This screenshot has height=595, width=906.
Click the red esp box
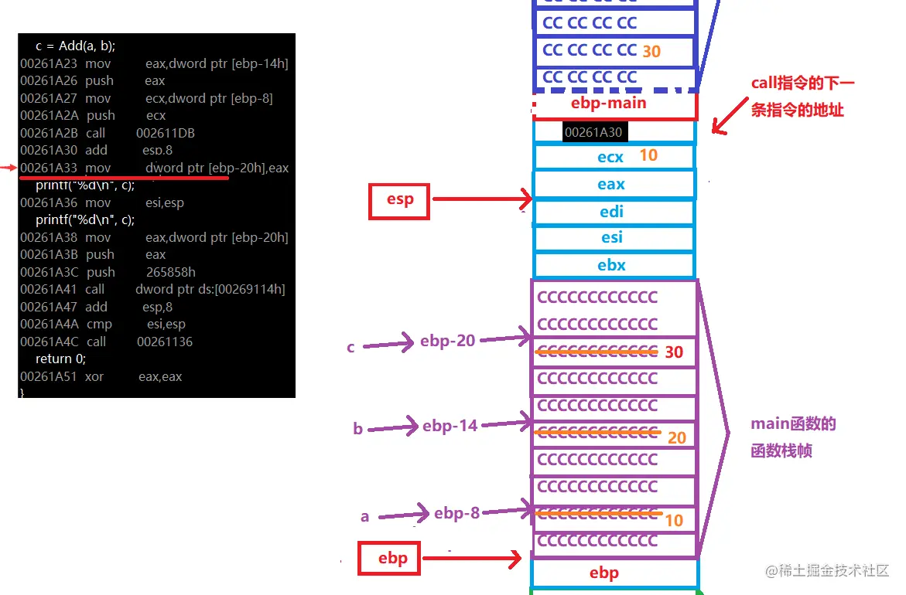click(399, 200)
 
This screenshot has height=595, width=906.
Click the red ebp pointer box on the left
click(389, 558)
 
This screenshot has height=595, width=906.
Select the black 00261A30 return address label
click(593, 132)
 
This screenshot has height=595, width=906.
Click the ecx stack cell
click(610, 157)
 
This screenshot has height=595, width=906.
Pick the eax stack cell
click(610, 184)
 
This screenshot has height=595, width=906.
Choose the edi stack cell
click(611, 212)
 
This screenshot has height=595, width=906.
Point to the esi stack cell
click(611, 237)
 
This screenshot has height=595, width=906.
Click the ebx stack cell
click(611, 265)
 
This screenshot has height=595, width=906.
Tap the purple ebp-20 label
click(447, 341)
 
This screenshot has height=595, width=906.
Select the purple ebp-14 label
click(450, 425)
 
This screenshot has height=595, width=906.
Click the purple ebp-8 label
click(456, 512)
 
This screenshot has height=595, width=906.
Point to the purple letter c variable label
click(350, 347)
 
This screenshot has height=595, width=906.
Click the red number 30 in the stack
click(674, 352)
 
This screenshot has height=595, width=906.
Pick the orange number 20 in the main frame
click(676, 438)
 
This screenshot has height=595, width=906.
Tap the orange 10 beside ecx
click(648, 155)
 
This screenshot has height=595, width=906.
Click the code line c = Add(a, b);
click(75, 46)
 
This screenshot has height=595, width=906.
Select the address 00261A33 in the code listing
click(50, 168)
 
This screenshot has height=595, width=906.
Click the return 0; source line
click(60, 359)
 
